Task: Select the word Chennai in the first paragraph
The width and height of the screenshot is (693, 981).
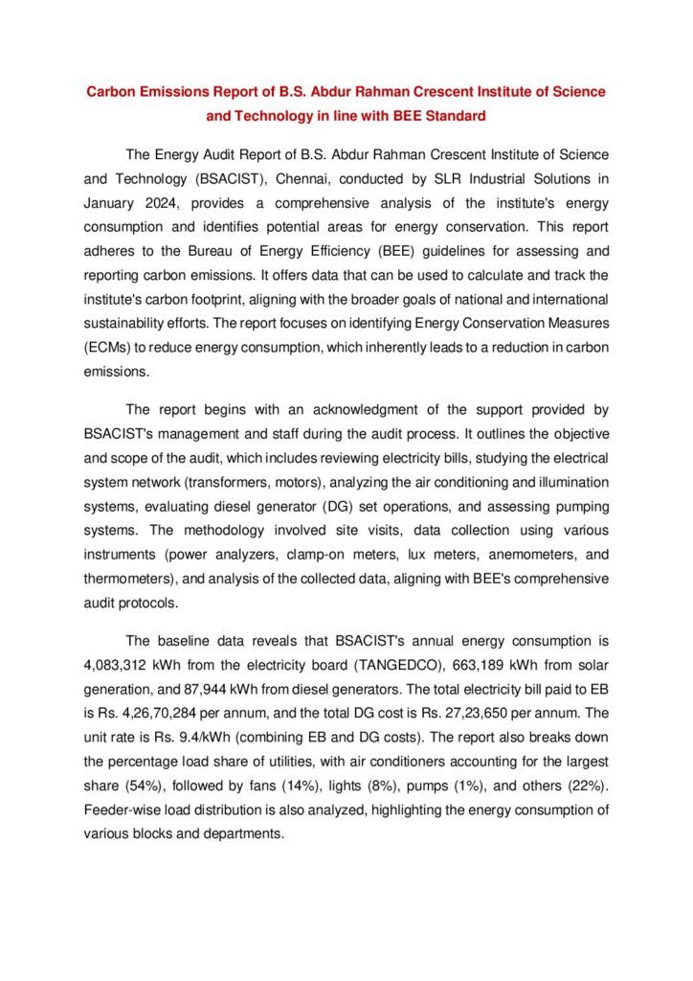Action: [x=309, y=178]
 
